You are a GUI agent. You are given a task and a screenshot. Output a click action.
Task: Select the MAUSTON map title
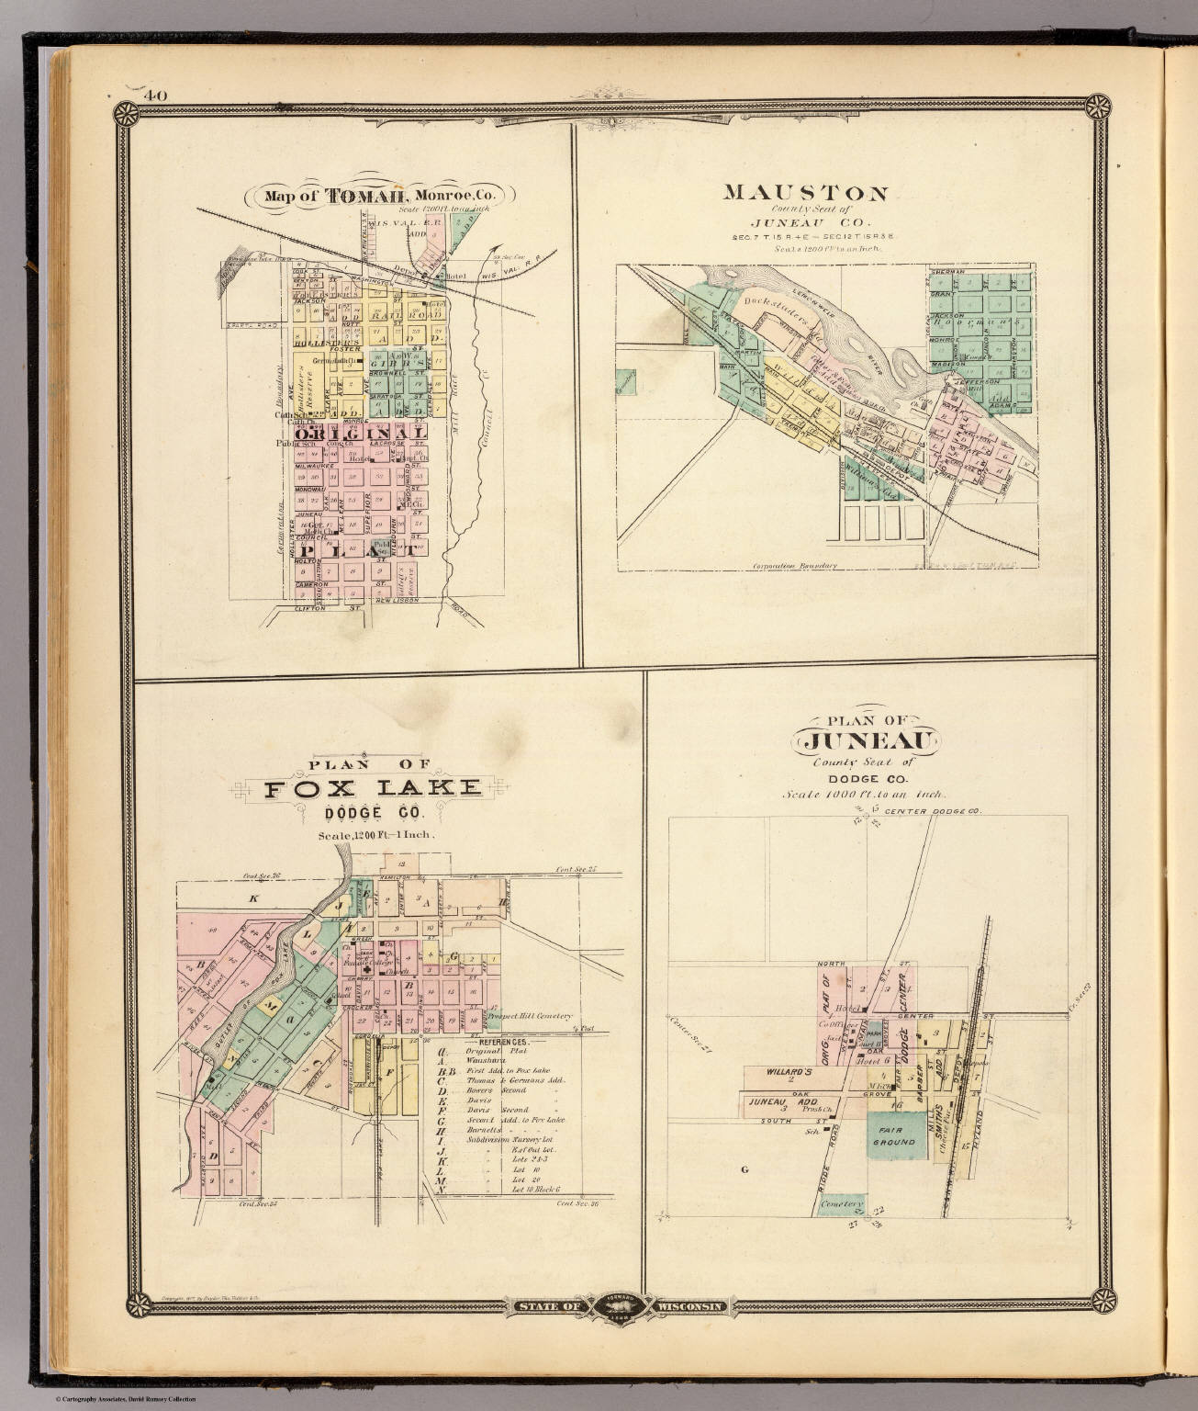(805, 193)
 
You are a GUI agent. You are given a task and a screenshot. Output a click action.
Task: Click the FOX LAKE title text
(373, 787)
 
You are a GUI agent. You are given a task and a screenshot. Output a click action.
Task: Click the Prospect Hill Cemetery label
(531, 1016)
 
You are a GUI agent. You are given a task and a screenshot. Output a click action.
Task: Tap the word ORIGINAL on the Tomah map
(358, 430)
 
